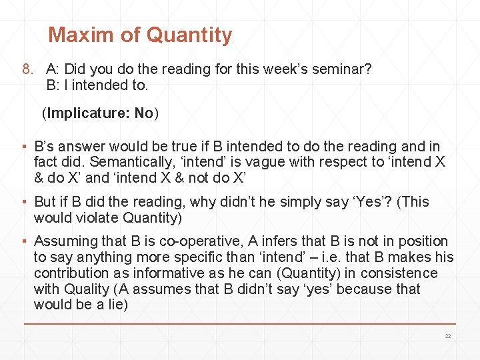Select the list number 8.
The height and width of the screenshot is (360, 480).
pyautogui.click(x=27, y=69)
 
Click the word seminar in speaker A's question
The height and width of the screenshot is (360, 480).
pyautogui.click(x=341, y=69)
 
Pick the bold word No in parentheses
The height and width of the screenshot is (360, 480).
pyautogui.click(x=144, y=113)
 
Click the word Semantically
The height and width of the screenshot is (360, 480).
pyautogui.click(x=129, y=162)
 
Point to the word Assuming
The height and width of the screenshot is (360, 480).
pyautogui.click(x=64, y=241)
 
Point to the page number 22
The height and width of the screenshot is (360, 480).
pyautogui.click(x=448, y=336)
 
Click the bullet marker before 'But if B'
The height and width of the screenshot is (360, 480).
pyautogui.click(x=25, y=202)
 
